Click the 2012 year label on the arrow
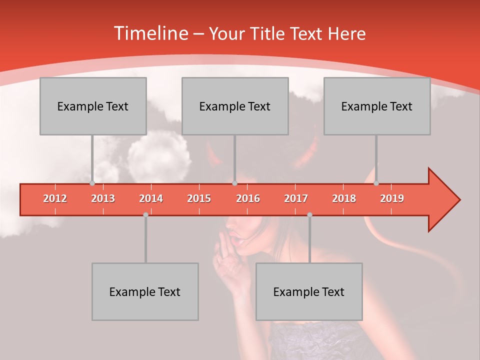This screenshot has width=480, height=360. click(55, 198)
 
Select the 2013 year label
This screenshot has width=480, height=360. click(103, 198)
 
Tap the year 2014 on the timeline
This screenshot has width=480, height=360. click(151, 198)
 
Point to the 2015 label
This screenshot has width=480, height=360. click(199, 198)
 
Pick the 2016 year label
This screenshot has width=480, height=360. click(248, 198)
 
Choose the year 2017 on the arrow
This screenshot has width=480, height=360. click(296, 198)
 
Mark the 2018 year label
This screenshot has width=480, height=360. click(344, 198)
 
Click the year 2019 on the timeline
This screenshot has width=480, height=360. click(392, 198)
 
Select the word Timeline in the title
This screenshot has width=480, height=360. click(150, 33)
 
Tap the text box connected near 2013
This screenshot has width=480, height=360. click(93, 106)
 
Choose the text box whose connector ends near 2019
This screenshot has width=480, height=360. click(377, 106)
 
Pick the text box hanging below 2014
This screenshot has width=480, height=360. click(145, 291)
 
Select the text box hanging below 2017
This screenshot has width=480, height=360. click(309, 291)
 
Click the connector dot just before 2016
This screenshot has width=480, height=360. click(234, 183)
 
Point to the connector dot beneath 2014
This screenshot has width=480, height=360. click(145, 214)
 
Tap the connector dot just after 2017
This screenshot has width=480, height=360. click(309, 214)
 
